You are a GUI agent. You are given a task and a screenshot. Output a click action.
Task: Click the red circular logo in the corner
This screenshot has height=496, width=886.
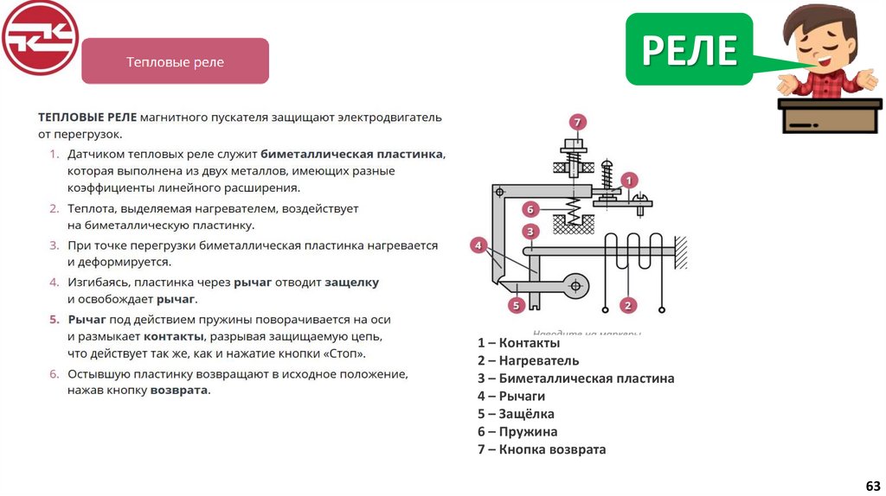[40, 37]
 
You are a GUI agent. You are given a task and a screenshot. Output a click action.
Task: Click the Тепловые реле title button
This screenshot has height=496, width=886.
[175, 62]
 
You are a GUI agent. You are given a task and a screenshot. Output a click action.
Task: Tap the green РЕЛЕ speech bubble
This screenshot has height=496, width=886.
[689, 49]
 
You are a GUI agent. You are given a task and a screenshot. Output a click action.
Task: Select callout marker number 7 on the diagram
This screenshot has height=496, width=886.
[577, 122]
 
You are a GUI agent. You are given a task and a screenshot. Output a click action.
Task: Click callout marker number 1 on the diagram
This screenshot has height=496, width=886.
[630, 181]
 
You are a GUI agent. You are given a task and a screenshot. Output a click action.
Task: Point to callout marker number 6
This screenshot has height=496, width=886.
[531, 208]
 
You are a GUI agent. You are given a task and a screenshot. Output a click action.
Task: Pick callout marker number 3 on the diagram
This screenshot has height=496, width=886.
[531, 231]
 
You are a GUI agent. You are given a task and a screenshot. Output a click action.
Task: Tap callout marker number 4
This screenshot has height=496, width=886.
[478, 245]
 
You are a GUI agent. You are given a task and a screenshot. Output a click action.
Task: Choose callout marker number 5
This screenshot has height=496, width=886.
[516, 304]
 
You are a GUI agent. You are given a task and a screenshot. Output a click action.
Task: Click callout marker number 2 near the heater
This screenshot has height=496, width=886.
[629, 304]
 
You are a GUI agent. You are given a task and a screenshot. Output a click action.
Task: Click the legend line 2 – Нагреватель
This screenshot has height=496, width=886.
[528, 361]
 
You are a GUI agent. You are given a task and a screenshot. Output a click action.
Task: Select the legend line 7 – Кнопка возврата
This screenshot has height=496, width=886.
[542, 449]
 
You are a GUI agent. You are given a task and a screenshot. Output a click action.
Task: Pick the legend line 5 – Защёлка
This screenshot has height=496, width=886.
[516, 414]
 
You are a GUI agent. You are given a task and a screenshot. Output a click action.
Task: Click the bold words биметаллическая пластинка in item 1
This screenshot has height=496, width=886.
[352, 154]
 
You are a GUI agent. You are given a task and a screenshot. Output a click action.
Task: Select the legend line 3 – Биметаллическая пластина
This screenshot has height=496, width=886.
[575, 378]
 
